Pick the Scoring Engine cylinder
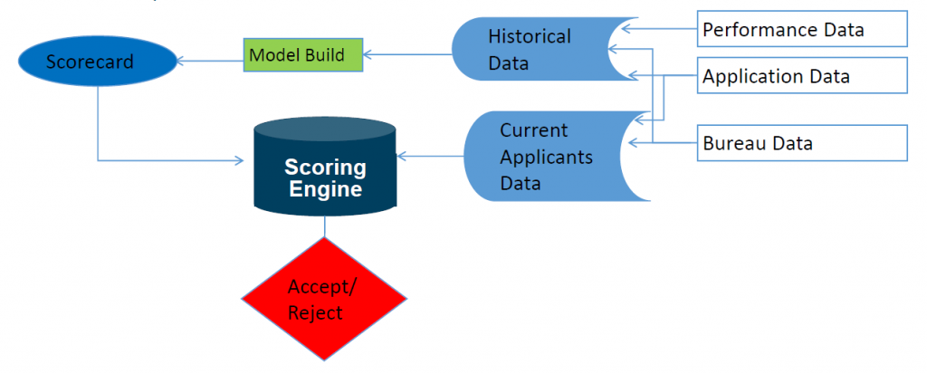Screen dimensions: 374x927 point(325,172)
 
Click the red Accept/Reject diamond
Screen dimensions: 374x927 point(324,299)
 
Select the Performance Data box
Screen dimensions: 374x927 point(801,29)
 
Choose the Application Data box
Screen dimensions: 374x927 point(801,76)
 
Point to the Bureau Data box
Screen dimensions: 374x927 point(801,143)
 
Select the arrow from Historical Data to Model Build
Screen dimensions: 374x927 point(407,55)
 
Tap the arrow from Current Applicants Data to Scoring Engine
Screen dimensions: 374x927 point(431,157)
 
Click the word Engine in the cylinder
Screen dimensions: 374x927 point(325,189)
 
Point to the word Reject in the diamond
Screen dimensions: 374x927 point(315,312)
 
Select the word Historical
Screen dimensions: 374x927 point(530,37)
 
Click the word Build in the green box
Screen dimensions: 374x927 point(323,54)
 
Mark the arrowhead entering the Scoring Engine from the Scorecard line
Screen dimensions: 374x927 point(240,161)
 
